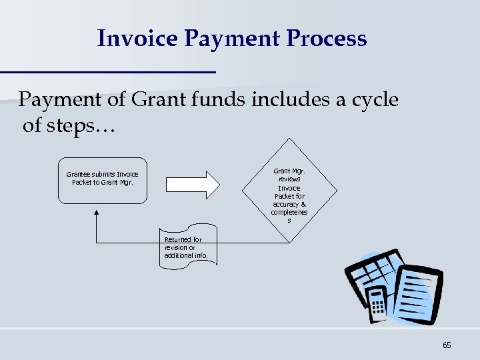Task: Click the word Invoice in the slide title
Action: click(x=137, y=38)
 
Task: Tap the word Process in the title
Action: click(x=327, y=38)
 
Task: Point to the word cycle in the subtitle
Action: click(x=372, y=100)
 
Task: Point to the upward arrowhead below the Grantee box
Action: click(x=97, y=213)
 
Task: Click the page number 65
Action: click(x=446, y=345)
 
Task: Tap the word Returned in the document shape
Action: click(x=179, y=239)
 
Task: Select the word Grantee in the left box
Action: click(x=79, y=175)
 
